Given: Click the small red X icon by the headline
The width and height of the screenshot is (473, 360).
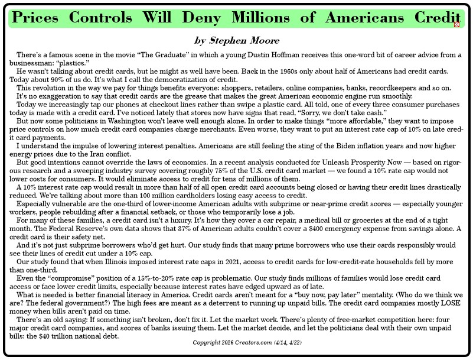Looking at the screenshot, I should (x=456, y=24).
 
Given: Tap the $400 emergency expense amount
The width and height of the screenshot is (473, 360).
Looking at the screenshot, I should (x=325, y=228).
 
